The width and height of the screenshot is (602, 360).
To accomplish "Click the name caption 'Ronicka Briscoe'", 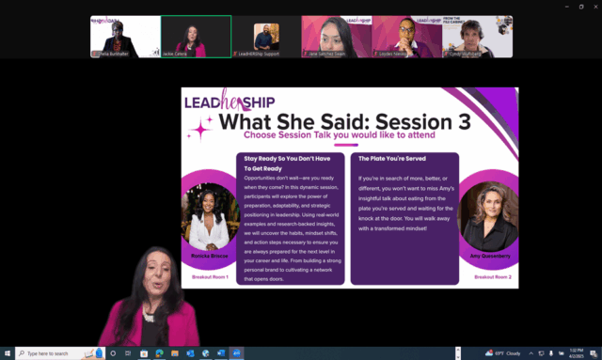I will pos(208,256).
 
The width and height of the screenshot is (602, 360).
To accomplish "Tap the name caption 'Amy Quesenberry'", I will pos(490,257).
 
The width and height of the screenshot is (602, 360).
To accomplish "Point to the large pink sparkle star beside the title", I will pos(200,131).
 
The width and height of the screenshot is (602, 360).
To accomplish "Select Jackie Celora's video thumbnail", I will pos(196,37).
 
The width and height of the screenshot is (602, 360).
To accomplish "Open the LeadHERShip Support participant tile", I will pos(266,37).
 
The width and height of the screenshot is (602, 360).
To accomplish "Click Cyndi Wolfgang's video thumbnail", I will pos(478,37).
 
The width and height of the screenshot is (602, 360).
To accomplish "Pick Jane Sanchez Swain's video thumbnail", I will pos(337,37).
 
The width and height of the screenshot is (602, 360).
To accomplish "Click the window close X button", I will pos(592,6).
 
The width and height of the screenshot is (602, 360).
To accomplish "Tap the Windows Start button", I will pos(8,353).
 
